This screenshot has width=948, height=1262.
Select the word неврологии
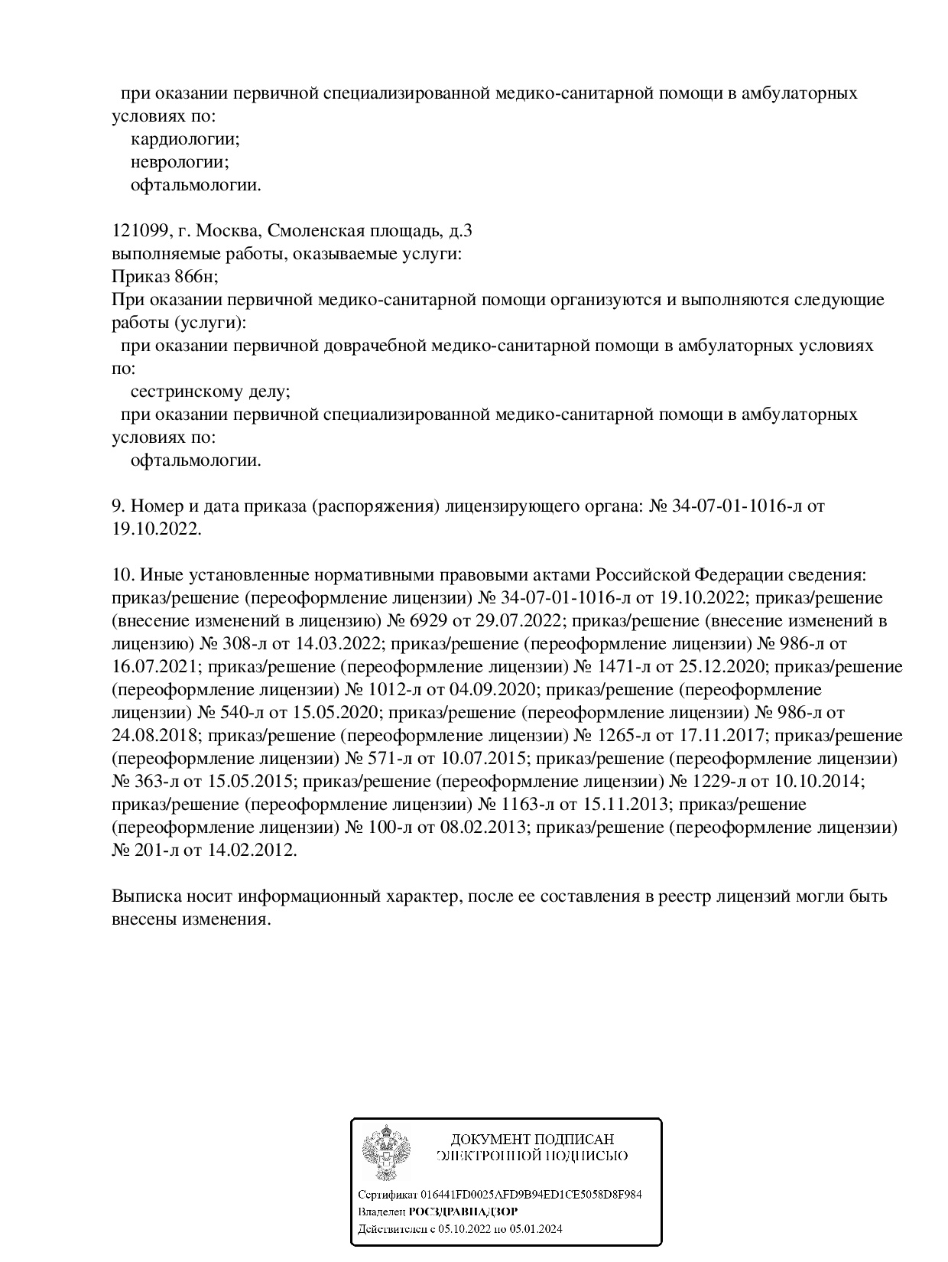coord(180,162)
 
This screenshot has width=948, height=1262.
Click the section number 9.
coord(118,506)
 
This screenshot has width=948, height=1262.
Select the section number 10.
coord(122,575)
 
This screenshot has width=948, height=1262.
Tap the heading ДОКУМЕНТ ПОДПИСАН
coord(532,1140)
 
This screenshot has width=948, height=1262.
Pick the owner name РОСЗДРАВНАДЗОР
coord(463,1212)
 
